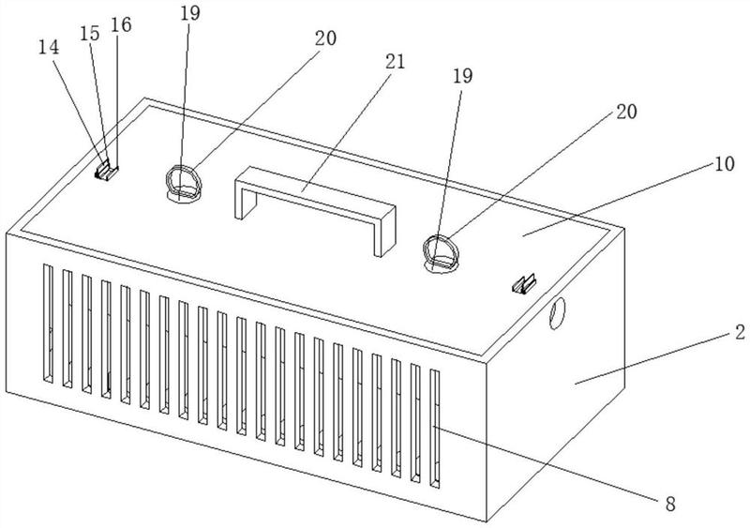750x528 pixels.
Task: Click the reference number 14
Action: pos(49,48)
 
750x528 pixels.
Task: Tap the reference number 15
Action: pos(89,34)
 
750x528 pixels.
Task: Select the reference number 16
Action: pos(121,25)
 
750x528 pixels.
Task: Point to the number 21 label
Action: pos(395,62)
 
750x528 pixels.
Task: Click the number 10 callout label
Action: pos(725,164)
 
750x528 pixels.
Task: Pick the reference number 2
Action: pos(740,332)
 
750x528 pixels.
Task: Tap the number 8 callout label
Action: pos(670,504)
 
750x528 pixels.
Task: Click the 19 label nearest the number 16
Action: pos(190,13)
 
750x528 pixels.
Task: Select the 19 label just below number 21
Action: pos(462,76)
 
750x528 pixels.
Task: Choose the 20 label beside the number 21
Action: pos(325,38)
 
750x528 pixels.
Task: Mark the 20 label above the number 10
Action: pos(626,112)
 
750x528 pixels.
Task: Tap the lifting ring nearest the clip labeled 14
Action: pos(184,184)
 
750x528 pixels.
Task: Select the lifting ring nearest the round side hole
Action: pos(441,254)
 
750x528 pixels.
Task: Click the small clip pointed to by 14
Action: pos(106,171)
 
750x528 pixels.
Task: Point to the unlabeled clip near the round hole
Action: pos(524,284)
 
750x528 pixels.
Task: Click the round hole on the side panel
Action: pos(557,313)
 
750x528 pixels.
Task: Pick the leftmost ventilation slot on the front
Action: pos(49,324)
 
